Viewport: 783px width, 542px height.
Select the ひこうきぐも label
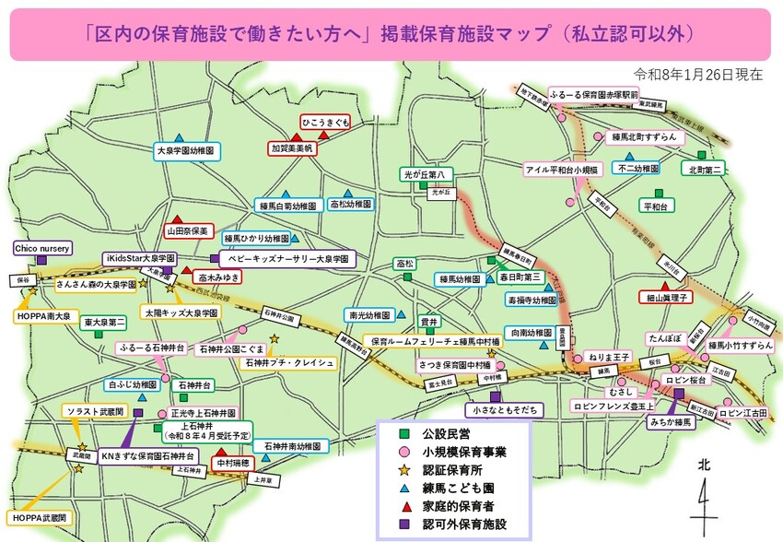pyautogui.click(x=325, y=122)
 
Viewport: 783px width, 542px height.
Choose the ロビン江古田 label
pyautogui.click(x=748, y=414)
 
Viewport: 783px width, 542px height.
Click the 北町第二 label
pyautogui.click(x=706, y=169)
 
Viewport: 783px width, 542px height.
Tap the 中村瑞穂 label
pyautogui.click(x=233, y=464)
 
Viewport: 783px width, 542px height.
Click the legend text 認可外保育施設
pyautogui.click(x=468, y=524)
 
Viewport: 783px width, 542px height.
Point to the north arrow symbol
pyautogui.click(x=704, y=498)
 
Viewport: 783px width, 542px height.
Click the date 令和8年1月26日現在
pyautogui.click(x=698, y=74)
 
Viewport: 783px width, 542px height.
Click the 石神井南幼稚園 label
pyautogui.click(x=290, y=446)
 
